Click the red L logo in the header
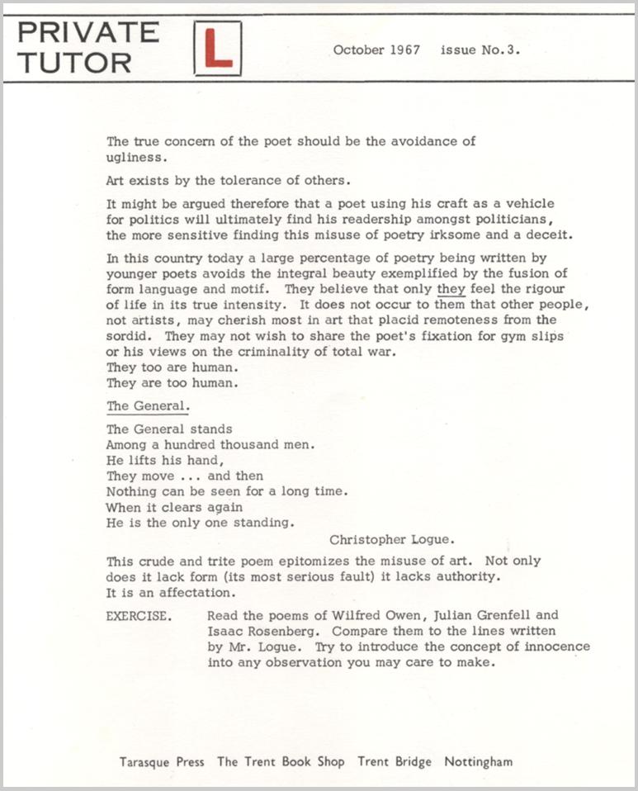(217, 49)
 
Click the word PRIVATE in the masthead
(88, 32)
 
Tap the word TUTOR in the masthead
(74, 63)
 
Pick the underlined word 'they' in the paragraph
(451, 289)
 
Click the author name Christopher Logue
(391, 540)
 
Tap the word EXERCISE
(139, 615)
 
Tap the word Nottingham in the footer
(478, 762)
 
